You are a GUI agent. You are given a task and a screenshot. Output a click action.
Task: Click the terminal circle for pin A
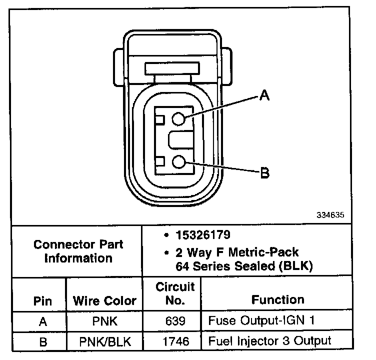coord(178,118)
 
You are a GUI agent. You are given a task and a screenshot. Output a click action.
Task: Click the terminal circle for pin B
coord(179,161)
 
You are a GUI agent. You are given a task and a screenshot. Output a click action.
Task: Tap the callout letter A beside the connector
coord(264,95)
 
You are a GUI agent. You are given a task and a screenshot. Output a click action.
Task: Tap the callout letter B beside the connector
coord(265,172)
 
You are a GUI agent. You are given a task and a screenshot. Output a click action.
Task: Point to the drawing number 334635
coord(330,215)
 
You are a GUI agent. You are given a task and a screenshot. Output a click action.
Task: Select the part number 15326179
coord(203,235)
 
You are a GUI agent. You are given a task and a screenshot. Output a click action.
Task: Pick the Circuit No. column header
coord(175,293)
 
